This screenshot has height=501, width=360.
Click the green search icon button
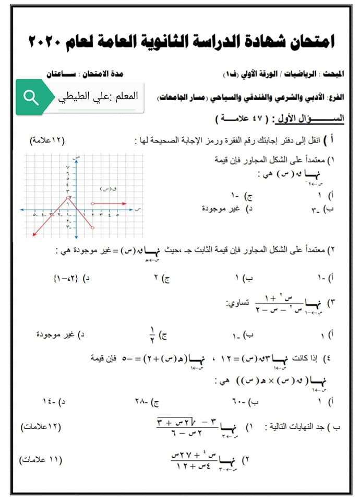pos(31,98)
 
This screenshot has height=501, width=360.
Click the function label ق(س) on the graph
pos(107,189)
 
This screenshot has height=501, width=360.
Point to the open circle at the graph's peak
pos(69,197)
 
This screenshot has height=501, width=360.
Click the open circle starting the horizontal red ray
pos(93,204)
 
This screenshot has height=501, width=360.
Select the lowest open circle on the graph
pos(93,228)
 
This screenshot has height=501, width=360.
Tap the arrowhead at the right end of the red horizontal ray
pos(125,204)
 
